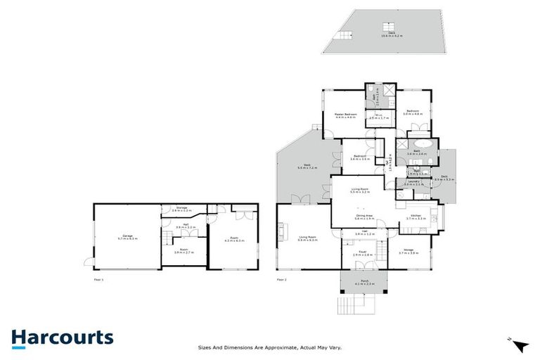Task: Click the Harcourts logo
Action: pyautogui.click(x=62, y=337)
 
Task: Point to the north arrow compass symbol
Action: pyautogui.click(x=519, y=345)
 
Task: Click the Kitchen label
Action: pyautogui.click(x=416, y=218)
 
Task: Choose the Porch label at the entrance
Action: pyautogui.click(x=364, y=282)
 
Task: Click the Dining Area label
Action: pyautogui.click(x=364, y=217)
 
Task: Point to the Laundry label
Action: pyautogui.click(x=413, y=183)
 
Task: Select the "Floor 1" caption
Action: pyautogui.click(x=99, y=279)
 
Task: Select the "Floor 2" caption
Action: pyautogui.click(x=282, y=279)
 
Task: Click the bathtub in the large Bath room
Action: pyautogui.click(x=426, y=150)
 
